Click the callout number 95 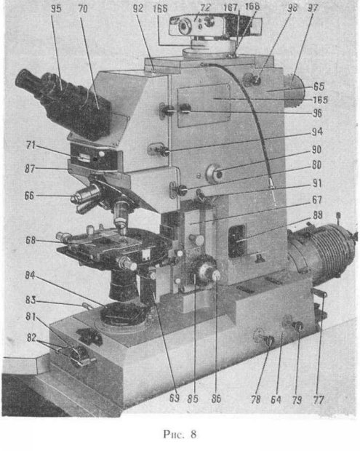click(x=56, y=9)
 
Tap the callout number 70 click(x=83, y=9)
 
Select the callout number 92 click(x=138, y=8)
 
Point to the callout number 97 click(x=313, y=8)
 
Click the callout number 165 click(x=320, y=100)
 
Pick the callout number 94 click(x=317, y=132)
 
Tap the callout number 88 click(x=317, y=215)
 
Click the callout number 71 click(x=31, y=145)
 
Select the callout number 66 click(x=29, y=196)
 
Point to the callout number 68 click(x=31, y=240)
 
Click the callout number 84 click(x=30, y=275)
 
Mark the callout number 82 click(x=31, y=338)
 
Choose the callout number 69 click(x=175, y=398)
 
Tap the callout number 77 click(x=319, y=400)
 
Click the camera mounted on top click(x=215, y=26)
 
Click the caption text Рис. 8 click(x=180, y=434)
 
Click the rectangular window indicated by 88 click(x=237, y=241)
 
